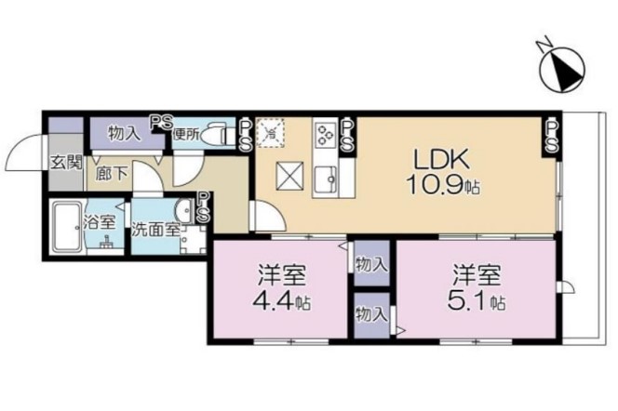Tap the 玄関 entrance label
coord(64,162)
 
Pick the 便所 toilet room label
coord(185,134)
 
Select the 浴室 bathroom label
coord(100,224)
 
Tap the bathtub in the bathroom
coord(64,226)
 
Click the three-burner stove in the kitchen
coord(325,136)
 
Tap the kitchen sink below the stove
coord(327,177)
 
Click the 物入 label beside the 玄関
coord(124,134)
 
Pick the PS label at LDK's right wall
coord(551,136)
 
